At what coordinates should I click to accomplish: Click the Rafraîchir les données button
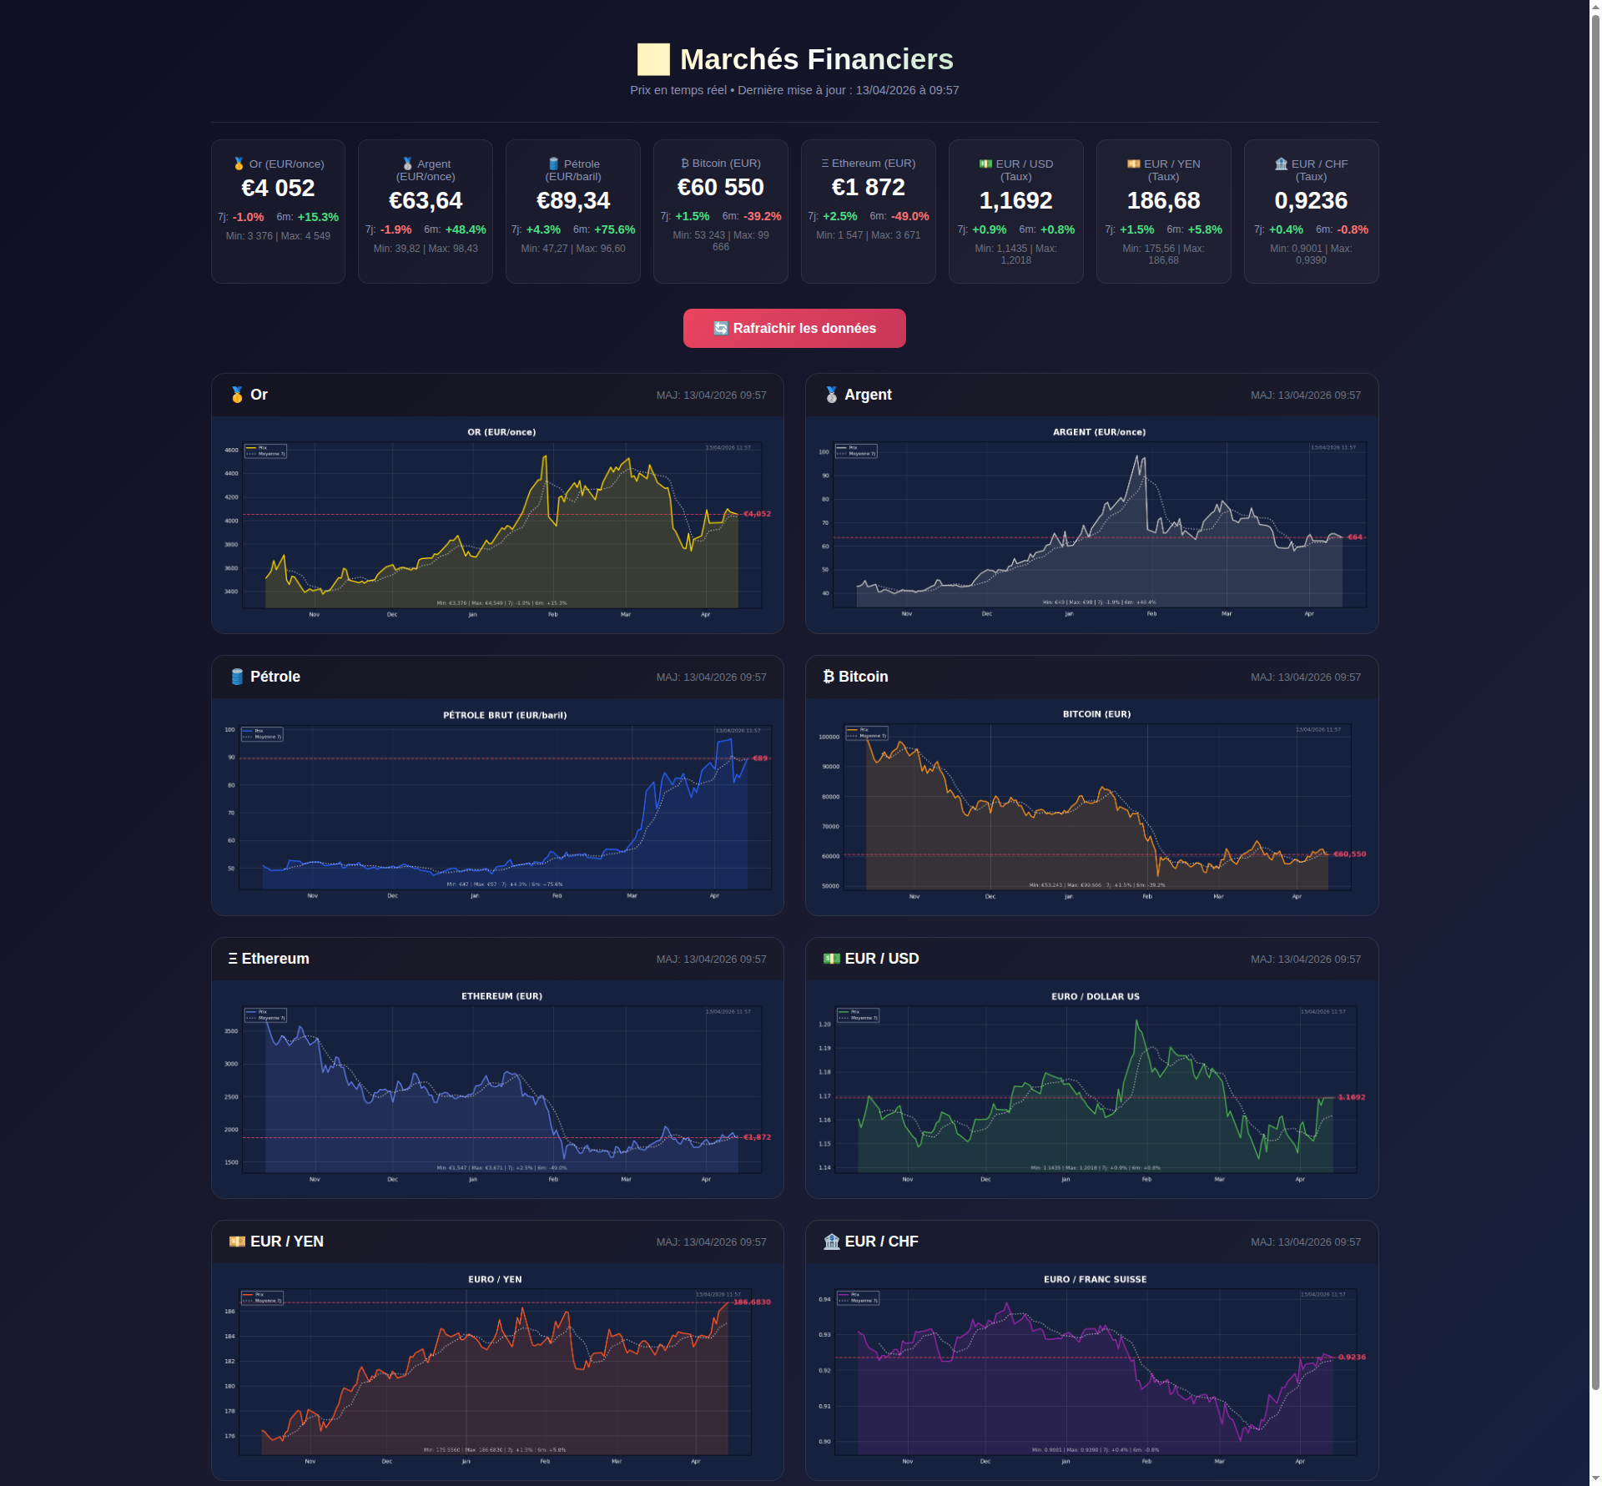tap(793, 328)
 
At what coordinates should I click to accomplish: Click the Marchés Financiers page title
tap(815, 59)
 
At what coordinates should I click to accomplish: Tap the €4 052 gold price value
tap(278, 189)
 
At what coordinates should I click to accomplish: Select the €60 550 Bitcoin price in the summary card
tap(720, 188)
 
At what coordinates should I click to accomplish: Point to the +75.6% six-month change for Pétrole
tap(614, 229)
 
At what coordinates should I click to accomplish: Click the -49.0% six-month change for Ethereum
tap(909, 216)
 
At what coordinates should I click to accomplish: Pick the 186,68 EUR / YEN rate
tap(1163, 201)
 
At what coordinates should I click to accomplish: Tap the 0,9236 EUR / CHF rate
tap(1310, 201)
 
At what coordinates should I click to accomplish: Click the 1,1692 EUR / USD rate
tap(1015, 201)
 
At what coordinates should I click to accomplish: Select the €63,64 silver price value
tap(426, 201)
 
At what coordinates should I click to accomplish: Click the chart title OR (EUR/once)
tap(501, 432)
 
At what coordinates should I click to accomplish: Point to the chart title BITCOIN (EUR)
tap(1096, 714)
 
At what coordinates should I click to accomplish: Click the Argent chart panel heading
tap(867, 395)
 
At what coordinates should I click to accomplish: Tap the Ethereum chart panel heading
tap(275, 959)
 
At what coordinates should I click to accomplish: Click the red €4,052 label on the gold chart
tap(757, 514)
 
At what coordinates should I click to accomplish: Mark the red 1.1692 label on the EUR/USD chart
tap(1351, 1097)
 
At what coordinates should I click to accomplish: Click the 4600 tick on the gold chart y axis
tap(231, 451)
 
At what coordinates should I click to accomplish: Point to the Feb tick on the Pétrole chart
tap(557, 896)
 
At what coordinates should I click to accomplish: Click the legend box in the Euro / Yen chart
tap(262, 1297)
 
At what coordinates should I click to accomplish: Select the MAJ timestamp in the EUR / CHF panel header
tap(1305, 1242)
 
